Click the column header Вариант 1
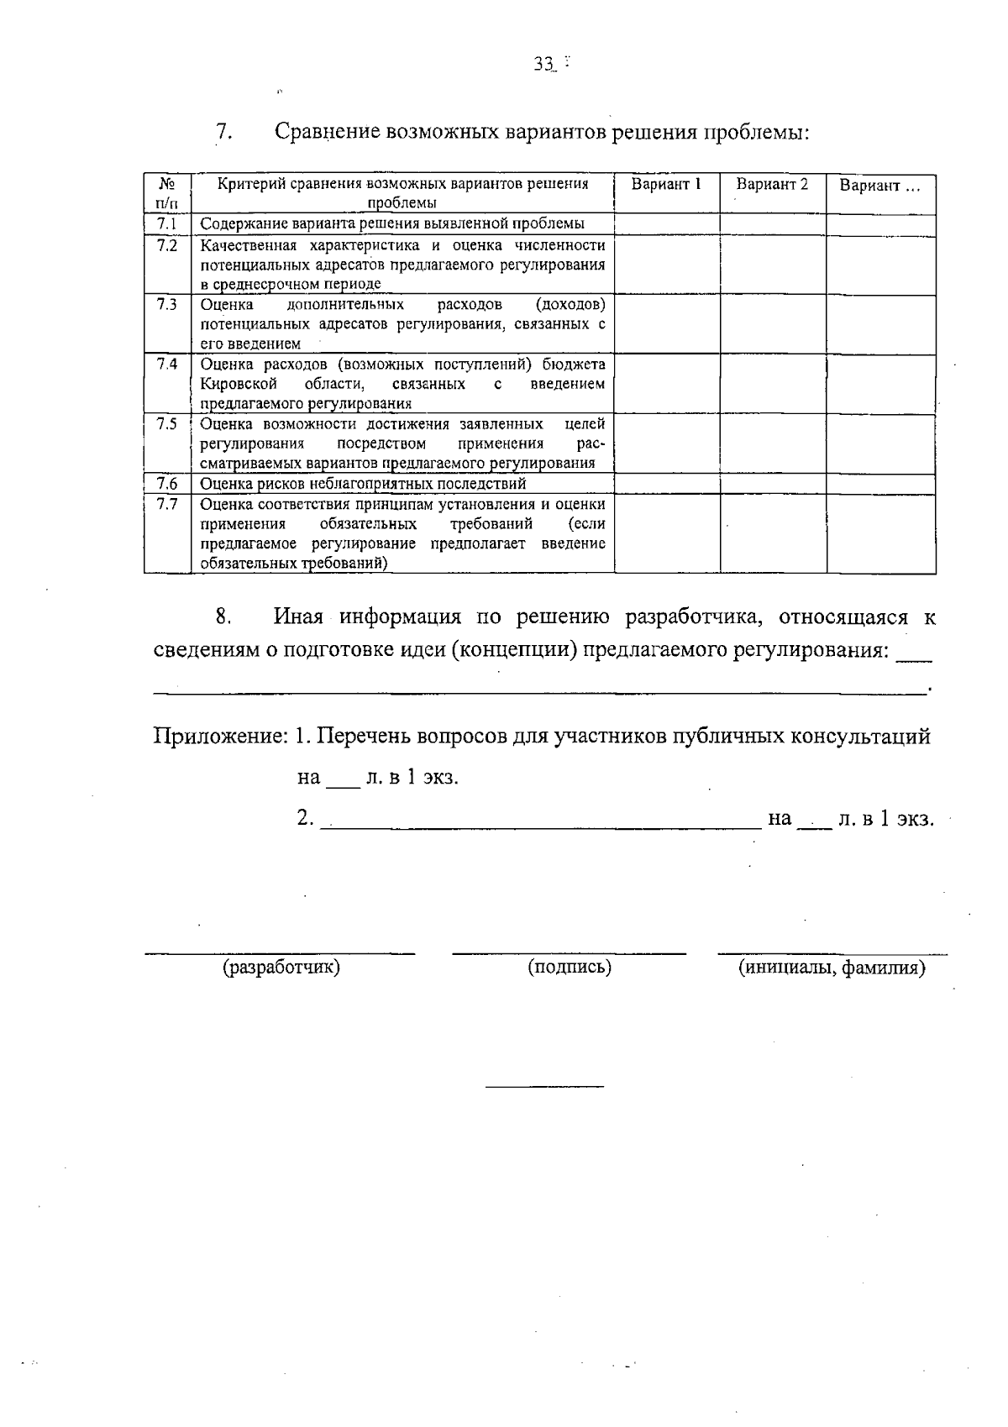(x=666, y=185)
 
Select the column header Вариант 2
(x=772, y=185)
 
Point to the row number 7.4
(x=167, y=365)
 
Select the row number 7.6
(x=167, y=484)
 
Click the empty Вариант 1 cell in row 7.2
(x=667, y=264)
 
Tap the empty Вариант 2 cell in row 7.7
(x=773, y=533)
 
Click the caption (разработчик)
(x=281, y=968)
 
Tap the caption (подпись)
(x=570, y=968)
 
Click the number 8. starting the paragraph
(x=223, y=617)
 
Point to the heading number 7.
(x=223, y=133)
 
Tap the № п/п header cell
(x=167, y=193)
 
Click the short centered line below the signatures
(x=544, y=1088)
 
